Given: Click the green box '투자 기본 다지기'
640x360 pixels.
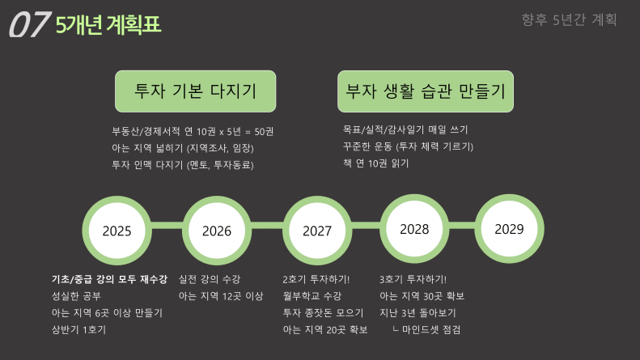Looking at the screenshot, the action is (x=196, y=91).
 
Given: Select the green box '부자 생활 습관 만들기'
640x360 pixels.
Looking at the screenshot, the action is (x=426, y=91).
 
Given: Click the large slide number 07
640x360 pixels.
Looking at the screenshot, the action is (x=29, y=24).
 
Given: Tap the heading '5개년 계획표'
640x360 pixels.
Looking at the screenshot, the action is (x=108, y=24).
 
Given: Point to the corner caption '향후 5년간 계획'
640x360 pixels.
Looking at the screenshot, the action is (x=569, y=19).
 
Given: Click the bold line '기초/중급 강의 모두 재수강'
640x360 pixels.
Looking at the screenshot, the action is (x=109, y=279).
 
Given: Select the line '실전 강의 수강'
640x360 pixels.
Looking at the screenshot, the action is (x=210, y=279).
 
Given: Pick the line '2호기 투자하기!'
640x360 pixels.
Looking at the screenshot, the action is (x=316, y=279).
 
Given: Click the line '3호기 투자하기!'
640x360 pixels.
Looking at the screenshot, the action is (x=413, y=279).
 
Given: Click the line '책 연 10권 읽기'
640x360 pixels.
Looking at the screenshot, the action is (x=376, y=163).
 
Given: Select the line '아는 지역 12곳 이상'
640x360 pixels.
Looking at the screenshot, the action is (x=221, y=296).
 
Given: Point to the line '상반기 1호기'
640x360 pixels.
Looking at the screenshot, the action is (x=78, y=329).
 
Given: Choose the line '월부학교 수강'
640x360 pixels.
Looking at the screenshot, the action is (x=312, y=296).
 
